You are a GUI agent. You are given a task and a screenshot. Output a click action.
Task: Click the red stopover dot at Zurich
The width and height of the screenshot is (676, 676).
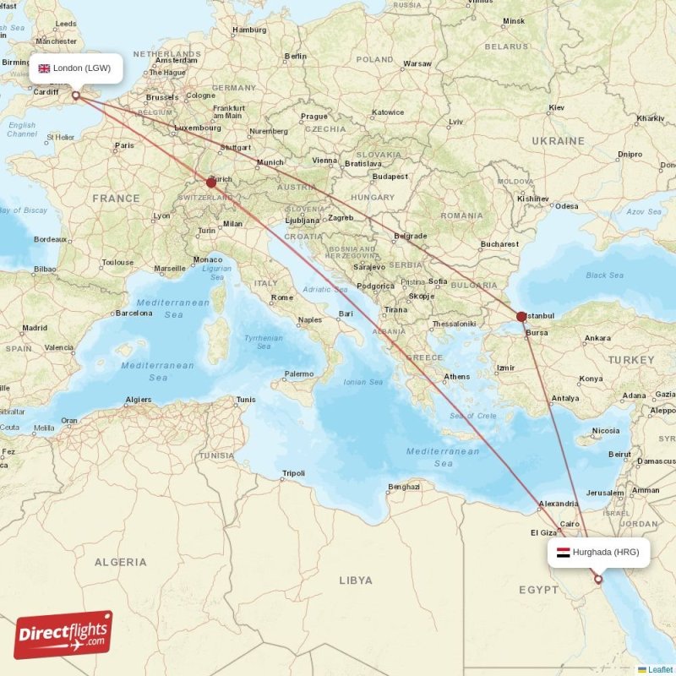click(211, 182)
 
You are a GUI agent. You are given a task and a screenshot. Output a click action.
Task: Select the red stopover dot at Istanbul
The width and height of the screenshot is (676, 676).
click(521, 317)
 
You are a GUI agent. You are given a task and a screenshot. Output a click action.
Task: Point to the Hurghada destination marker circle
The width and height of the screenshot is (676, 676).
click(598, 580)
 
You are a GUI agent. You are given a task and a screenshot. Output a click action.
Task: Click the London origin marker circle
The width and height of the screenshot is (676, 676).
click(76, 96)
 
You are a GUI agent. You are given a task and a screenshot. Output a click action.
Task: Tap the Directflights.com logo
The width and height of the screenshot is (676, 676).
click(63, 635)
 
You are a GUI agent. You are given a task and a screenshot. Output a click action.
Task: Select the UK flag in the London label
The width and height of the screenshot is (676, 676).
click(44, 68)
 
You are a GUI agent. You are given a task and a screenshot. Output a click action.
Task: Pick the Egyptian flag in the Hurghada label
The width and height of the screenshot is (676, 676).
click(563, 553)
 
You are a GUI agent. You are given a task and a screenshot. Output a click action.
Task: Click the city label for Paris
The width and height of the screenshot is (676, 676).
click(124, 145)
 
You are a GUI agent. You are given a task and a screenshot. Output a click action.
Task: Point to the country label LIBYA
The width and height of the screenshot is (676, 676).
click(355, 581)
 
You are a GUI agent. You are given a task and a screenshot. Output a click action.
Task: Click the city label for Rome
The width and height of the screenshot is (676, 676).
click(282, 297)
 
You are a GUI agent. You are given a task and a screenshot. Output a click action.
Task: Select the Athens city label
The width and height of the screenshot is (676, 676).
click(457, 377)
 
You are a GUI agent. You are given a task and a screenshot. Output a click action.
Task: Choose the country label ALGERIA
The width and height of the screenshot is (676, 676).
click(120, 562)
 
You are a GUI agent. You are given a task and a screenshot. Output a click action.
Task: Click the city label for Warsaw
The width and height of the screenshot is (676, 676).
click(417, 63)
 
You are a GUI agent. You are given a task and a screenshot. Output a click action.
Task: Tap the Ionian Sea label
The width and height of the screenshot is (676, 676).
click(363, 382)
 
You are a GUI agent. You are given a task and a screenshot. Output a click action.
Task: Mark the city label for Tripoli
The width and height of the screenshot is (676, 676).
click(293, 473)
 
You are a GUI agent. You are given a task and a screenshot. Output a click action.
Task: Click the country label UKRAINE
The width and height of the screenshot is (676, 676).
click(558, 140)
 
